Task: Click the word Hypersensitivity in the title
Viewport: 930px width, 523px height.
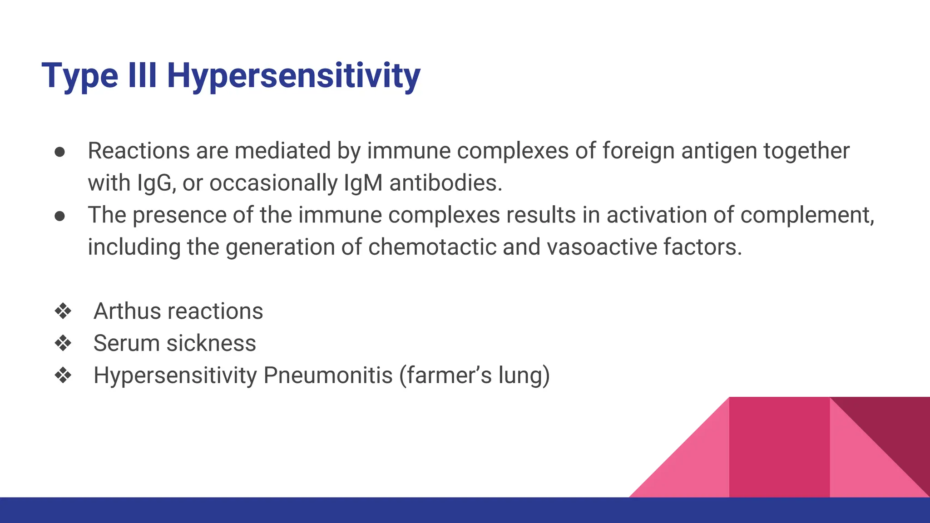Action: click(x=293, y=76)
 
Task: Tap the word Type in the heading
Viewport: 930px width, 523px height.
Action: click(x=80, y=76)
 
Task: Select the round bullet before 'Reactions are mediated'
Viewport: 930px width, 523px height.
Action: click(x=60, y=152)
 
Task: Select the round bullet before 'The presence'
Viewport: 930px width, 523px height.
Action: click(x=60, y=216)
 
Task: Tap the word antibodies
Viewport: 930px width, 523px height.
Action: click(x=445, y=183)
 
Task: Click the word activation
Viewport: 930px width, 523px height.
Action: click(x=656, y=215)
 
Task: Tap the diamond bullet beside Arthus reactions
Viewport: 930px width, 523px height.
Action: click(x=63, y=311)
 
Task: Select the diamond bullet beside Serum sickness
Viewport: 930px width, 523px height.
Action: click(x=63, y=343)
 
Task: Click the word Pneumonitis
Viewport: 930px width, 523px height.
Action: click(x=328, y=375)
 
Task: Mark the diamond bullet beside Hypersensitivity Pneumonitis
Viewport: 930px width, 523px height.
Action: click(x=63, y=375)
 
